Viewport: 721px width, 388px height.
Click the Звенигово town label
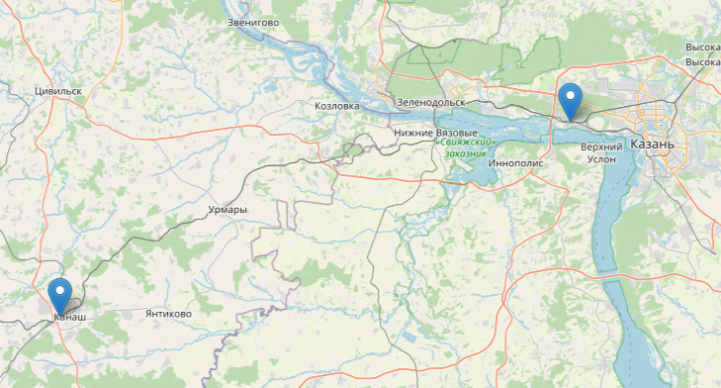(253, 22)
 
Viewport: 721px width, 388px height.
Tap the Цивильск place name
(55, 90)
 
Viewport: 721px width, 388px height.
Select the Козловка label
(336, 105)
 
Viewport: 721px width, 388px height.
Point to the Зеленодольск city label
(430, 102)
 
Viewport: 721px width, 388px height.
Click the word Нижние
(413, 133)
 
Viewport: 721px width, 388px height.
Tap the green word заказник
(466, 153)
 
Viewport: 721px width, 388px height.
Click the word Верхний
(601, 146)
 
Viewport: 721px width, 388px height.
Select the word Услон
(601, 160)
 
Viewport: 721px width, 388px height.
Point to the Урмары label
(227, 211)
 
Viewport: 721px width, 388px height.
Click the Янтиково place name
(168, 314)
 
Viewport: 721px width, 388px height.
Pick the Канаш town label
(69, 317)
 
